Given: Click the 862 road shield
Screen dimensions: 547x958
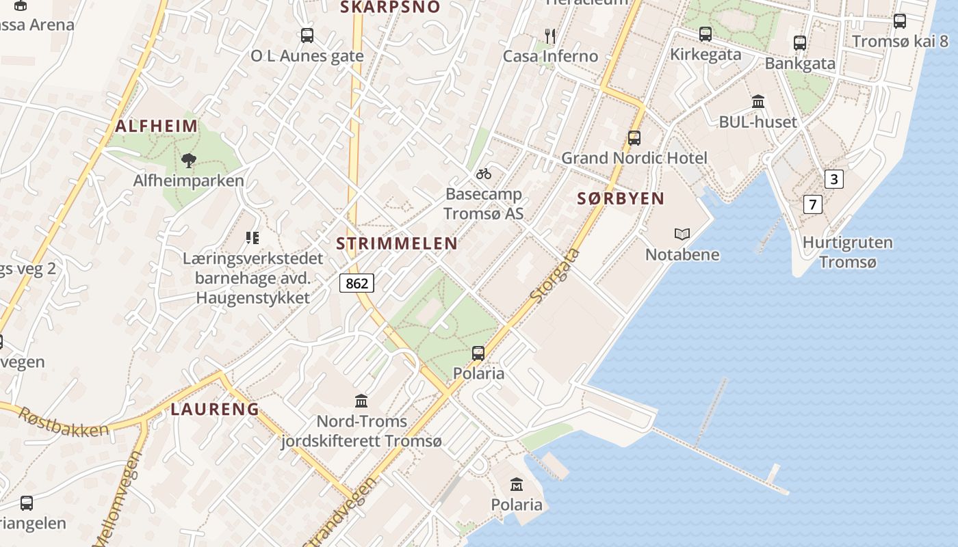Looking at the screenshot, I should click(357, 283).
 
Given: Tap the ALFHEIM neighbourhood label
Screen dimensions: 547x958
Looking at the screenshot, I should click(157, 126).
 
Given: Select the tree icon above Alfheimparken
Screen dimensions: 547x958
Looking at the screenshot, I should click(189, 161).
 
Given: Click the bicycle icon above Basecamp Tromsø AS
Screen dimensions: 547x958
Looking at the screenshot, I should click(484, 174).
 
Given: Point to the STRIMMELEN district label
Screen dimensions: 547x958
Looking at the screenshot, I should click(397, 243).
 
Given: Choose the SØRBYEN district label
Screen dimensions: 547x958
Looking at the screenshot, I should click(621, 199).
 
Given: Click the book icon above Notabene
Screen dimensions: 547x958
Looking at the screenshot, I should click(682, 234).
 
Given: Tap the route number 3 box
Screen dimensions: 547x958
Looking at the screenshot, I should click(833, 179).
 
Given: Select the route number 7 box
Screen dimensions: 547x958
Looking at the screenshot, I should click(812, 204).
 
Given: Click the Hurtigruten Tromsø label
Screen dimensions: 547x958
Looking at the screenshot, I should click(847, 252).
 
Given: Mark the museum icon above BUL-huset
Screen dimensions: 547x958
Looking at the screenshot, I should click(758, 102).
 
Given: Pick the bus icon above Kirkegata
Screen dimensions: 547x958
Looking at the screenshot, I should click(705, 34).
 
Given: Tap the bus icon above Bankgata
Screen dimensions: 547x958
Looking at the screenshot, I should click(800, 42).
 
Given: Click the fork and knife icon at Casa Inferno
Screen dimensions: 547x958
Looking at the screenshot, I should click(550, 36).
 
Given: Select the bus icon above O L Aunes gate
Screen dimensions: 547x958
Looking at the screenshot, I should click(307, 35).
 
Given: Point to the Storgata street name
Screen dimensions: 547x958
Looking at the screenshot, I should click(555, 276).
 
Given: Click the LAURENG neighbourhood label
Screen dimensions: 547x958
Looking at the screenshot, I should click(215, 410).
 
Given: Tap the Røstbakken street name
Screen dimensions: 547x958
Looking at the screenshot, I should click(63, 422).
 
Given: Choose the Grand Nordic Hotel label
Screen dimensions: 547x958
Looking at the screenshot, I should click(634, 158).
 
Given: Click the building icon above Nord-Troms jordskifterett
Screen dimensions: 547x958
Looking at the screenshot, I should click(361, 401).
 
